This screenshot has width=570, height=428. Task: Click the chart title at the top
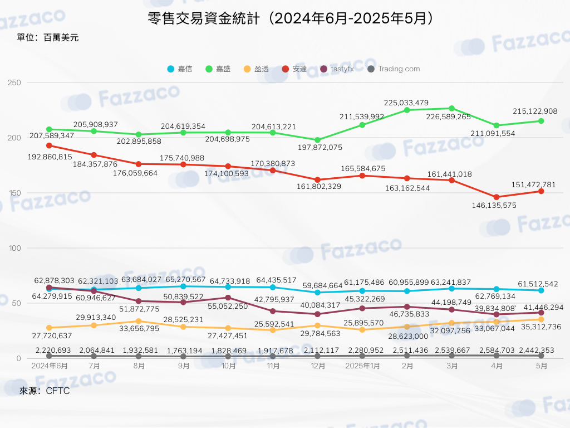pyautogui.click(x=290, y=18)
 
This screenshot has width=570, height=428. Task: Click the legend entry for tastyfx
pyautogui.click(x=337, y=69)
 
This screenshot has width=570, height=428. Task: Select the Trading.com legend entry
pyautogui.click(x=394, y=69)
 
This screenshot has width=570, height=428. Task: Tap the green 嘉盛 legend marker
pyautogui.click(x=209, y=69)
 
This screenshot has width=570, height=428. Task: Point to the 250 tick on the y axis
pyautogui.click(x=14, y=82)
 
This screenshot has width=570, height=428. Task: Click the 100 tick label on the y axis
pyautogui.click(x=14, y=248)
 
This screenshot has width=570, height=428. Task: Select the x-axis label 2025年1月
pyautogui.click(x=362, y=366)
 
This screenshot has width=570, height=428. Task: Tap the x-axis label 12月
pyautogui.click(x=318, y=366)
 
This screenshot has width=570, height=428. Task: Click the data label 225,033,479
pyautogui.click(x=406, y=103)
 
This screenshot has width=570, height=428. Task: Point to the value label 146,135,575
pyautogui.click(x=494, y=205)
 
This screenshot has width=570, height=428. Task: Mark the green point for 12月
pyautogui.click(x=317, y=140)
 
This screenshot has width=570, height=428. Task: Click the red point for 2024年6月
pyautogui.click(x=50, y=145)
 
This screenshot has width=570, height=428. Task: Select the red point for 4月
pyautogui.click(x=496, y=197)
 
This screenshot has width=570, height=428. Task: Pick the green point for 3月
pyautogui.click(x=451, y=109)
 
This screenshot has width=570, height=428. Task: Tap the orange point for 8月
pyautogui.click(x=139, y=322)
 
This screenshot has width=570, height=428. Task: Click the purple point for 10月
pyautogui.click(x=228, y=298)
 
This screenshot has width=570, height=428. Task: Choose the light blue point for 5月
pyautogui.click(x=541, y=290)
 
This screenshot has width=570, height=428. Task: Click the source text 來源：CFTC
pyautogui.click(x=45, y=391)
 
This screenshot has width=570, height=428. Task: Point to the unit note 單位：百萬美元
pyautogui.click(x=47, y=37)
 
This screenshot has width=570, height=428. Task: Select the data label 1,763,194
pyautogui.click(x=184, y=351)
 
